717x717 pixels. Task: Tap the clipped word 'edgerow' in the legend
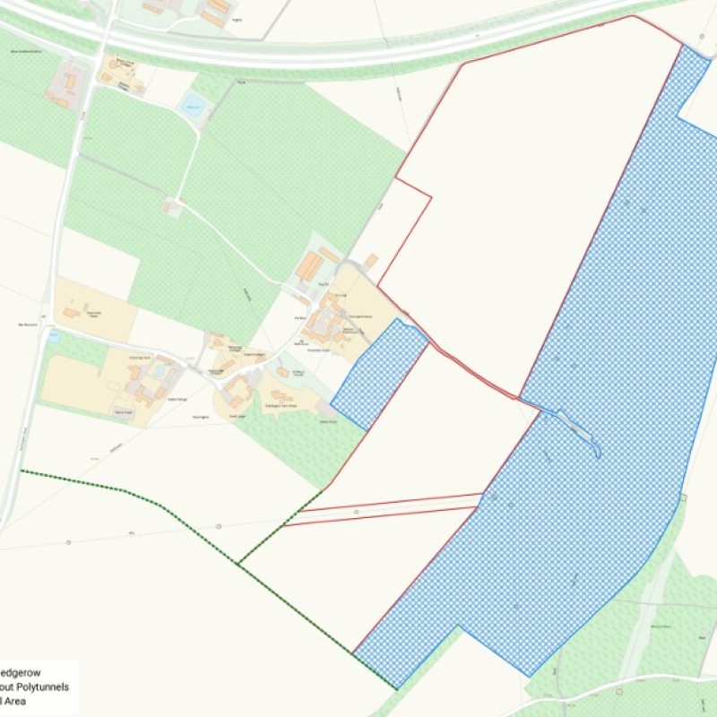pos(20,670)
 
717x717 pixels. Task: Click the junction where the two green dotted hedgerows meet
pos(238,563)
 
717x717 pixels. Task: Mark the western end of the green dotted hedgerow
pos(22,471)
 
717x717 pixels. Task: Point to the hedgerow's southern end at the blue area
pos(395,687)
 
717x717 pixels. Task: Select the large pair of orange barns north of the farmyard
pos(311,265)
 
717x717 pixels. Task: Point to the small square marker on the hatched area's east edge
pos(683,497)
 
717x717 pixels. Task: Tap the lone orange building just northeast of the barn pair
pos(371,261)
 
